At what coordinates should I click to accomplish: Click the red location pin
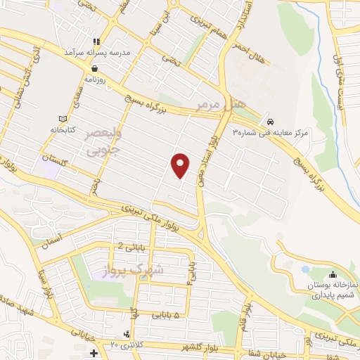181,165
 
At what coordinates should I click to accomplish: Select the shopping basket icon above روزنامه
94,69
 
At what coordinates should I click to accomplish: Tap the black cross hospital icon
94,352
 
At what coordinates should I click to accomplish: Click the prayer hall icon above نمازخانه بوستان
332,275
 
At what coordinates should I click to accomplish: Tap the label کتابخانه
62,129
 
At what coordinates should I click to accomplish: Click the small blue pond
304,269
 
